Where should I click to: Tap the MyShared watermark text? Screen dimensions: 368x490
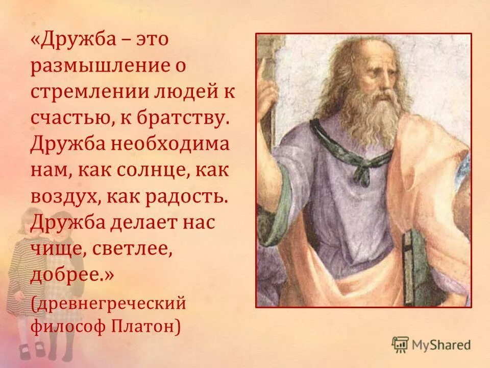click(442, 345)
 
